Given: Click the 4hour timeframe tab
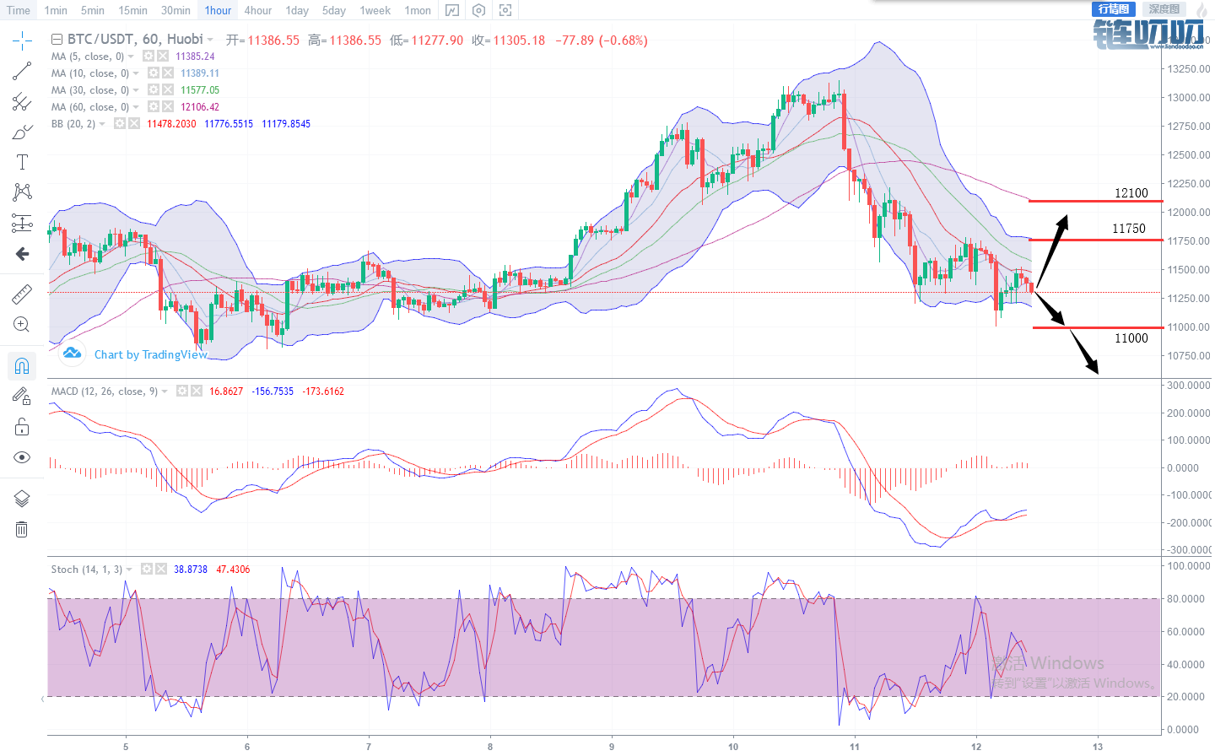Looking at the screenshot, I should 257,10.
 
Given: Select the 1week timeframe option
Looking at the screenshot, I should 375,10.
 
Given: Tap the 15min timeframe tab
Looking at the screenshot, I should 132,10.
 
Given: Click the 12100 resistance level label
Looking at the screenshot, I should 1131,193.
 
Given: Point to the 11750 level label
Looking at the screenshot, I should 1128,229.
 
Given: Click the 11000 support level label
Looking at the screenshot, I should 1131,338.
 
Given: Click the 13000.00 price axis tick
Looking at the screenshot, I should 1188,97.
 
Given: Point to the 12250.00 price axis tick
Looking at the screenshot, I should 1188,183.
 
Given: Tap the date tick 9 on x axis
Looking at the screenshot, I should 612,746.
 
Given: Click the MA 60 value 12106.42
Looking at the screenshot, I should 200,107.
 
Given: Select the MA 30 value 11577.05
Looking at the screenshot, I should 200,90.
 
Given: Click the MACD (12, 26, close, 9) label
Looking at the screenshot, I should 105,391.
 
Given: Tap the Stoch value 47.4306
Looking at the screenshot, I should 233,570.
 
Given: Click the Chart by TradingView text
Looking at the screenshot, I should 150,354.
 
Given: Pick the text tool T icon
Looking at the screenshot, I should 22,162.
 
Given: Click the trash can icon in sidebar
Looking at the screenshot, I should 22,529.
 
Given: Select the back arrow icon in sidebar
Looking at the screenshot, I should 22,254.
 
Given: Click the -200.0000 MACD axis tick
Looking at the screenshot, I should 1188,522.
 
